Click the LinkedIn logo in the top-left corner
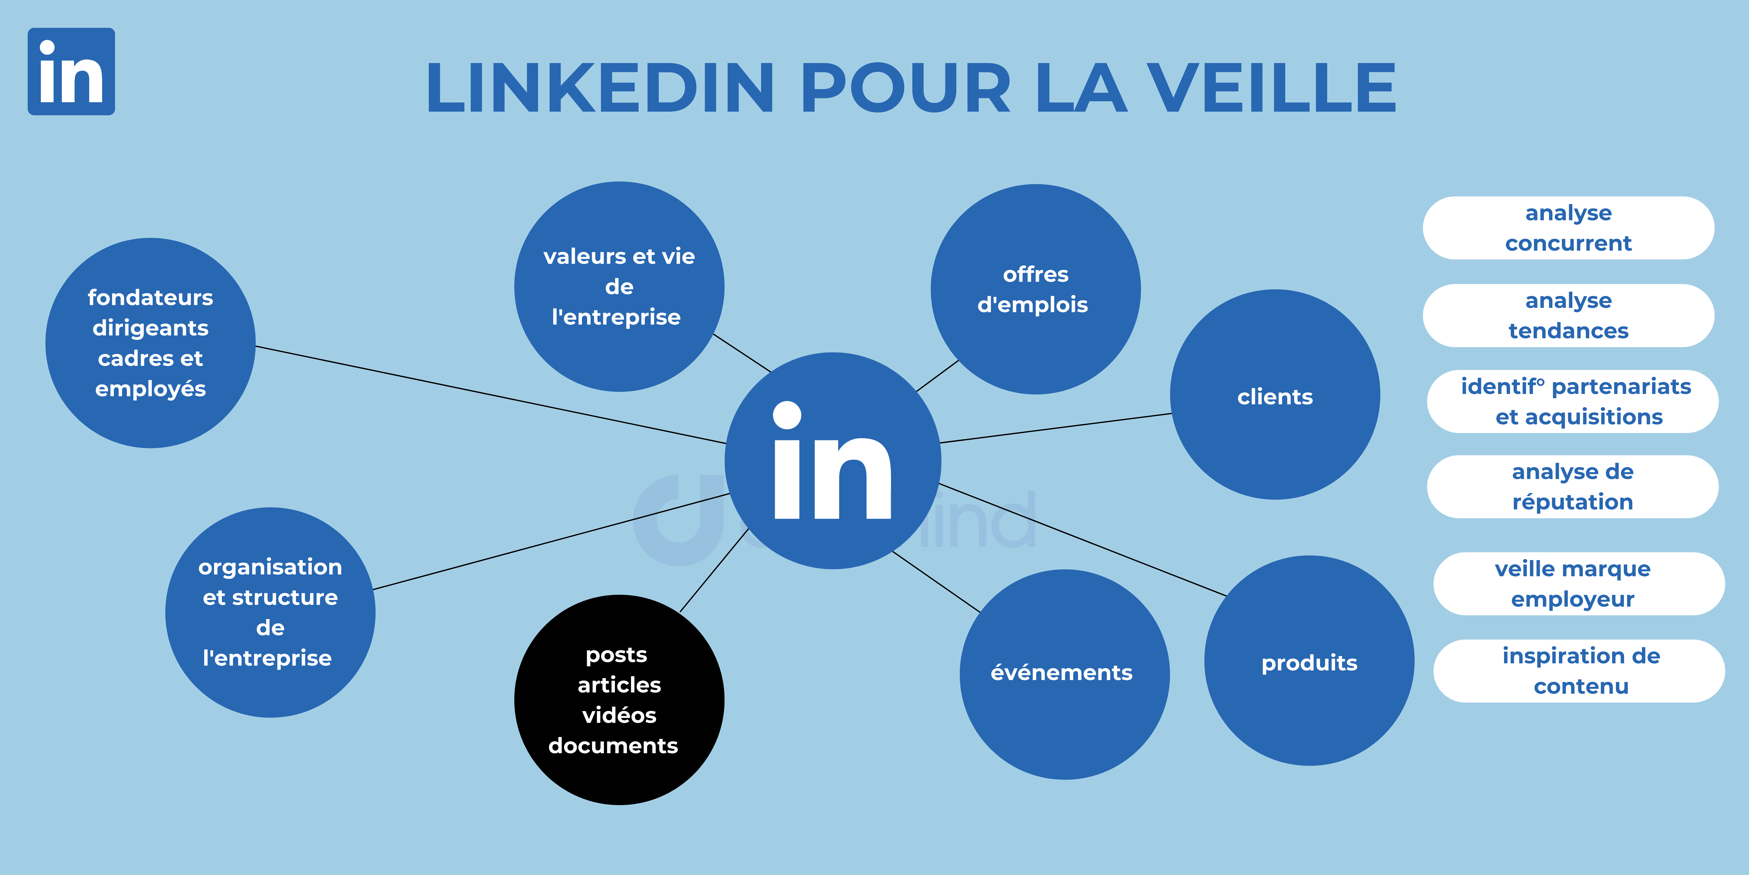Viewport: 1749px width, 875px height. tap(71, 71)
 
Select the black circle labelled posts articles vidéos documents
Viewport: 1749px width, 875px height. tap(619, 700)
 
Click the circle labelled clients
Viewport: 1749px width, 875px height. tap(1275, 395)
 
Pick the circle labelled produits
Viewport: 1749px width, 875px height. tap(1309, 660)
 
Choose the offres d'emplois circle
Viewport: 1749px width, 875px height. tap(1035, 289)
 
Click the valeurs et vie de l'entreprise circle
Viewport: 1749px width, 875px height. tap(619, 287)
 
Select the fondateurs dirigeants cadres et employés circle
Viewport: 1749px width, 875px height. tap(151, 343)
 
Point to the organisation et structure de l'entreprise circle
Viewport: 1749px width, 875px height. tap(270, 612)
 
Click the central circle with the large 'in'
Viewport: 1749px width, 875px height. tap(833, 461)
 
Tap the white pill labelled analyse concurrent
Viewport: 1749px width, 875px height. tap(1568, 228)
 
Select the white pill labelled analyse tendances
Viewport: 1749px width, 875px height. tap(1568, 315)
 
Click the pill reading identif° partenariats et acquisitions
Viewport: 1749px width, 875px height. tap(1572, 402)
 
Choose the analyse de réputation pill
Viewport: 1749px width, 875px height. tap(1572, 486)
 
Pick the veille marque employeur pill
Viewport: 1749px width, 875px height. tap(1579, 584)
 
